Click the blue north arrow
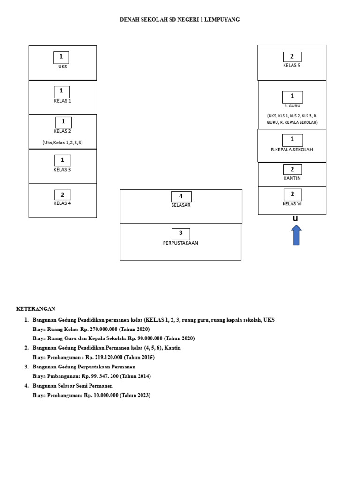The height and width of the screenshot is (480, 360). [x=296, y=235]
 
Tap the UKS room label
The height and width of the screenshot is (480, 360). [x=62, y=67]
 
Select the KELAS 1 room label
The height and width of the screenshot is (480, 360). [x=62, y=101]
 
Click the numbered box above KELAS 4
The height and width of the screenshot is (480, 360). [x=63, y=195]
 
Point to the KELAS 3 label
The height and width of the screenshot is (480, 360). [x=62, y=170]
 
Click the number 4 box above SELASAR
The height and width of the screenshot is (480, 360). [x=181, y=196]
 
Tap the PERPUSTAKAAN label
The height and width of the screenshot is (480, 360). [x=180, y=243]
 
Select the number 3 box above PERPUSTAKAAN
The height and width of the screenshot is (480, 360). [x=180, y=234]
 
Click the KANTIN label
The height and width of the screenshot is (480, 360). [x=292, y=178]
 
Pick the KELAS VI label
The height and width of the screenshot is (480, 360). [x=292, y=204]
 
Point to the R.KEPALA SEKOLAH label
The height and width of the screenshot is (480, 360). [x=292, y=150]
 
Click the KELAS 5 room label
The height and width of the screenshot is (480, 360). [x=292, y=65]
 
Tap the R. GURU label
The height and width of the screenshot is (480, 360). [x=292, y=106]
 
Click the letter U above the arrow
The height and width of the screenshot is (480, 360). [x=295, y=218]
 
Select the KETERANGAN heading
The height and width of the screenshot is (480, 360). [x=36, y=309]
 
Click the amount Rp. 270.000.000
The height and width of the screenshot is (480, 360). [x=99, y=330]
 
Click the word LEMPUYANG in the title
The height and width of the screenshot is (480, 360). [x=222, y=20]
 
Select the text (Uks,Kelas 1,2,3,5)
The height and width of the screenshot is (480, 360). [x=62, y=142]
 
